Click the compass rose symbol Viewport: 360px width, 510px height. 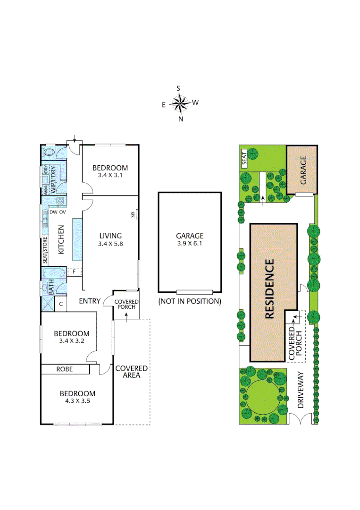(179, 103)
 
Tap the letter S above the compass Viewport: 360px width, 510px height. (178, 88)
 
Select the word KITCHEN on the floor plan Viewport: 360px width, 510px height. (61, 239)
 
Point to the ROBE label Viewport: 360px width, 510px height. (65, 369)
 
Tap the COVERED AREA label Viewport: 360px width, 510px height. (131, 372)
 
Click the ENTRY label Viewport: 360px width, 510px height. (90, 301)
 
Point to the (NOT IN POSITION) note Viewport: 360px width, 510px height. (190, 301)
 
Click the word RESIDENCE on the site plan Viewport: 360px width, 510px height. (269, 289)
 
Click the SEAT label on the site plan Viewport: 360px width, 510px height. (244, 157)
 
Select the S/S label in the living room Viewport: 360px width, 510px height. (133, 214)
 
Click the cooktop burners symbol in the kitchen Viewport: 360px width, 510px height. (61, 201)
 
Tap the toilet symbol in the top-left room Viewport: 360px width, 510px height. (48, 152)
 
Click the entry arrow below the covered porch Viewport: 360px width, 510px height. (126, 314)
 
